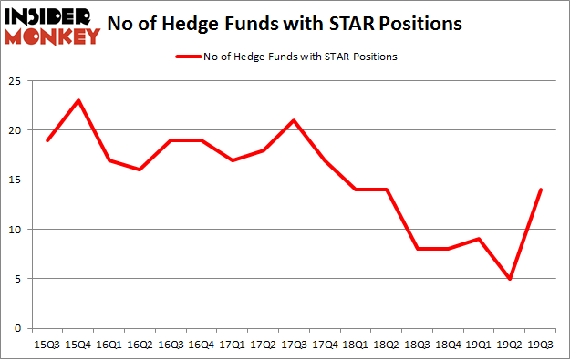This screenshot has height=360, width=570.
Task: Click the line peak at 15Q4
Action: [79, 100]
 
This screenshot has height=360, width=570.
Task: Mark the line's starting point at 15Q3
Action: [47, 139]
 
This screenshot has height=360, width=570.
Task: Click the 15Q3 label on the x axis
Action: [47, 345]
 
